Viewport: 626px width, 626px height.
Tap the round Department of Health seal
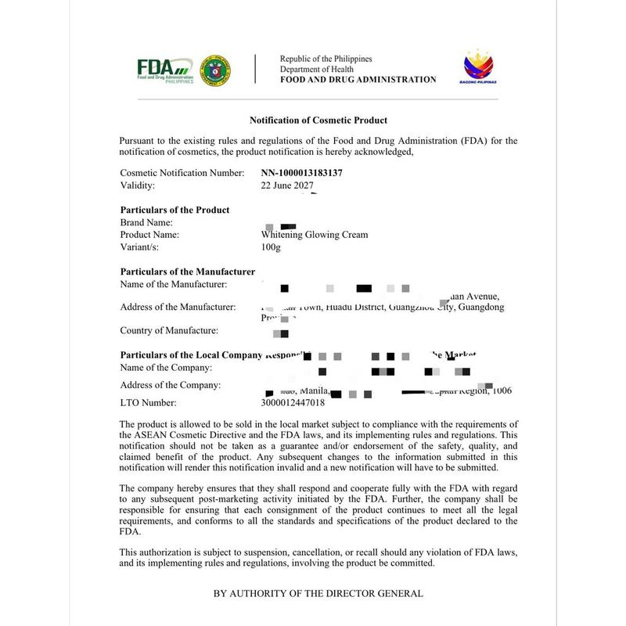click(215, 70)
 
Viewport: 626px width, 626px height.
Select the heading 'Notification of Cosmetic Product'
click(318, 121)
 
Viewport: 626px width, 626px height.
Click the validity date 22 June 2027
click(287, 185)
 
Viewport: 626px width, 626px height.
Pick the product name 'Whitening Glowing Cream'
click(314, 235)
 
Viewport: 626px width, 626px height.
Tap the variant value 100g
click(271, 247)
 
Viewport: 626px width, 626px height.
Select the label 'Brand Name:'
click(146, 222)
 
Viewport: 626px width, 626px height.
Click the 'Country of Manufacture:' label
click(169, 330)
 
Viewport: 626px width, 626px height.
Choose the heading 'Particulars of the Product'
click(174, 210)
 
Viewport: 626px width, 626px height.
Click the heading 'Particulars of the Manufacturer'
click(188, 272)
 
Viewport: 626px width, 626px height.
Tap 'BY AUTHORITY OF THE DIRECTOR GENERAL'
click(318, 593)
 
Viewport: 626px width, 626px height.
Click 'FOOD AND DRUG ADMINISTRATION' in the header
click(358, 80)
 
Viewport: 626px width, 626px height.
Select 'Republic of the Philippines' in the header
click(326, 59)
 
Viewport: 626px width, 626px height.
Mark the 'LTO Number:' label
click(148, 403)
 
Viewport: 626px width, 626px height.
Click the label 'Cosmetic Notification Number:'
click(182, 172)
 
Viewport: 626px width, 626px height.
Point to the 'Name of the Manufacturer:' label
click(174, 284)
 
